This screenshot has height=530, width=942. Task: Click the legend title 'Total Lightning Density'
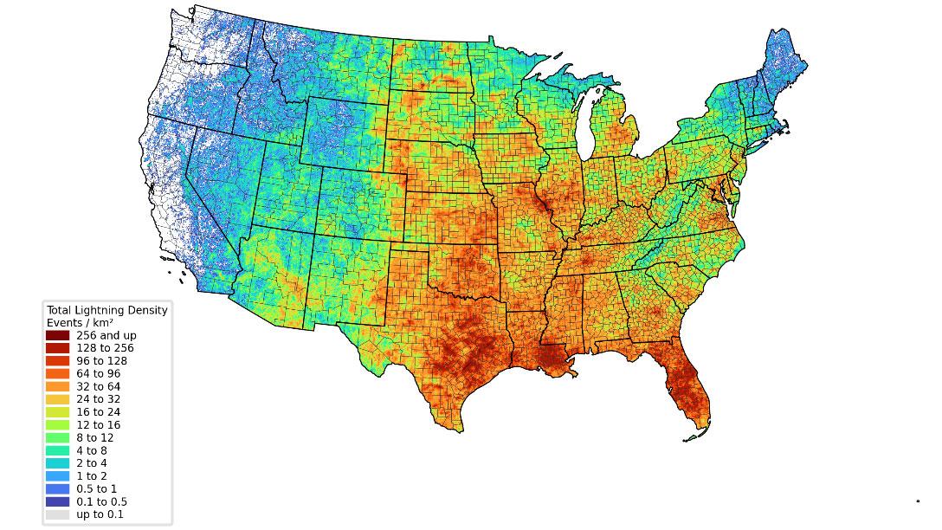(x=106, y=309)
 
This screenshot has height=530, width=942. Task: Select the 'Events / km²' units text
(x=81, y=322)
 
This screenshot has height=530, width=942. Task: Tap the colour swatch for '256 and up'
(x=58, y=335)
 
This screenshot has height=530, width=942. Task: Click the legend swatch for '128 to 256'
(x=58, y=348)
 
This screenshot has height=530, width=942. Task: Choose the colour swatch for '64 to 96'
(x=58, y=373)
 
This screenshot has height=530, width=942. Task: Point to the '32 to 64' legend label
(x=99, y=386)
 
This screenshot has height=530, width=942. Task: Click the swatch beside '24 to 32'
(x=58, y=399)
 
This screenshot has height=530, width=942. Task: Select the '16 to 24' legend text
(x=99, y=412)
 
